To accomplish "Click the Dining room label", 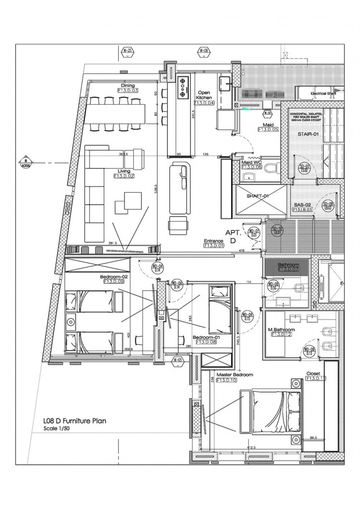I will pos(128,85).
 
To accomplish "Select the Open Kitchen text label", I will pos(204,95).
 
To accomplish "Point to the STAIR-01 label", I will pos(308,134).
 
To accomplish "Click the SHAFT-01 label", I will pos(258,196).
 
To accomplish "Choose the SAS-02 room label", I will pos(302,204).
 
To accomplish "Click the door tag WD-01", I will pos(255,233).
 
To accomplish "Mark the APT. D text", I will pos(233,237).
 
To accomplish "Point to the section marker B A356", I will pos(25,163).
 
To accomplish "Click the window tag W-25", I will pos(128,51).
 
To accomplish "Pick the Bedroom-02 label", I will pos(114,276).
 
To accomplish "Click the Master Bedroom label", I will pos(235,374).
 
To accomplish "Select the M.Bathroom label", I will pos(281,330).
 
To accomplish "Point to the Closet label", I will pos(313,373).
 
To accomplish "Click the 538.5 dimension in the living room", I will pos(155,191).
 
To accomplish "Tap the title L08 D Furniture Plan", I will pos(75,421).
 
